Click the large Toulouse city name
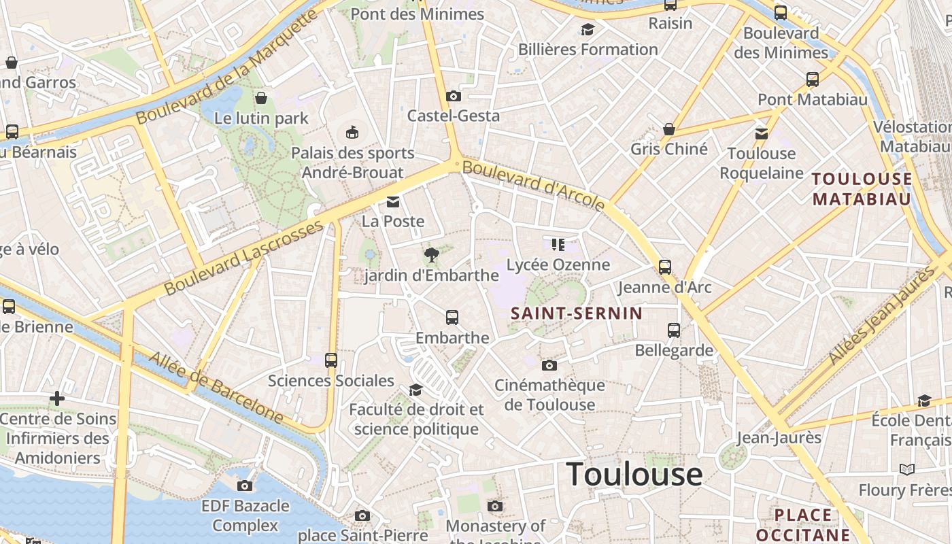coord(634,473)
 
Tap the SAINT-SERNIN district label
coord(576,313)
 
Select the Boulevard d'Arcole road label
coord(533,185)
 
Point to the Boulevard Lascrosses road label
coord(243,257)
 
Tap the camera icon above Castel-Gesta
coord(454,97)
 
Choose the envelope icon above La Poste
coord(393,202)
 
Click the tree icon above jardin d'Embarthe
coord(431,256)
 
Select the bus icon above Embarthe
coord(452,318)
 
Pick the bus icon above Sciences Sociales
coord(331,360)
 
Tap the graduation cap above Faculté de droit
coord(415,390)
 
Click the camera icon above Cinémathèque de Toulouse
coord(549,366)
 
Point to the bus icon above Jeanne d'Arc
coord(665,267)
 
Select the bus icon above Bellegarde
coord(674,330)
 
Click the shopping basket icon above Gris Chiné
coord(669,129)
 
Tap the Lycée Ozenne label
coord(558,265)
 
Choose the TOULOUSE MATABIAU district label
coord(862,189)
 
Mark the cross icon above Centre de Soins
coord(57,398)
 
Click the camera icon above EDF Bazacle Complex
coord(245,486)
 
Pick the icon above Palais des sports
coord(352,132)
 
